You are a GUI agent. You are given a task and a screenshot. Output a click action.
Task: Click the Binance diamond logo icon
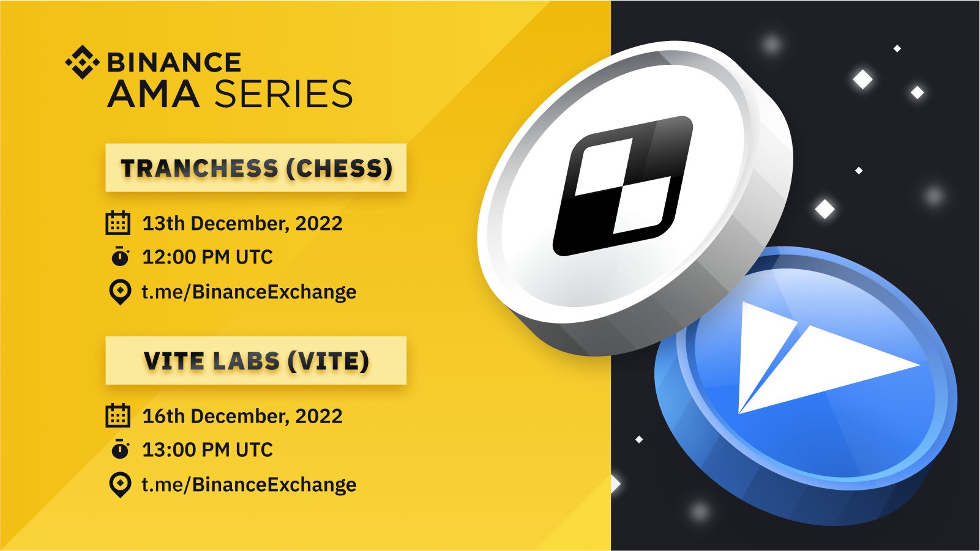pyautogui.click(x=83, y=62)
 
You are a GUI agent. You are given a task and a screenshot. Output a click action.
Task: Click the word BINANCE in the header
pyautogui.click(x=174, y=62)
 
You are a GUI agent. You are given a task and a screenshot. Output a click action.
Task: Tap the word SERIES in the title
pyautogui.click(x=283, y=94)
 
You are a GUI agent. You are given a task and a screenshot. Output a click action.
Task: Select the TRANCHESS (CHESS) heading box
pyautogui.click(x=256, y=168)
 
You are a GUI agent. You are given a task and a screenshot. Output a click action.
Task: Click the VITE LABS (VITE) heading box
pyautogui.click(x=256, y=360)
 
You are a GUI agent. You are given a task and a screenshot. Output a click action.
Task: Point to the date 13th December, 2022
pyautogui.click(x=242, y=223)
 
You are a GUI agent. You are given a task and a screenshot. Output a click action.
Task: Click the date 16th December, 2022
pyautogui.click(x=242, y=416)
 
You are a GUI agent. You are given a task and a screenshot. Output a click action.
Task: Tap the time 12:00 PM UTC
pyautogui.click(x=208, y=257)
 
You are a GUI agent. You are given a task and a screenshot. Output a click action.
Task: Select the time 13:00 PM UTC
pyautogui.click(x=208, y=449)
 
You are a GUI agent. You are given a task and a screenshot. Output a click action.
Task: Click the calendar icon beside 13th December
pyautogui.click(x=118, y=223)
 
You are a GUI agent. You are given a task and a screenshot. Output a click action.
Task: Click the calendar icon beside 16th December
pyautogui.click(x=118, y=415)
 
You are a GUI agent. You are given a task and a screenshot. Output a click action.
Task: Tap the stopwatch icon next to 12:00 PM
pyautogui.click(x=120, y=256)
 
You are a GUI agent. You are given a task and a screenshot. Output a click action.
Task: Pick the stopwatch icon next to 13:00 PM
pyautogui.click(x=120, y=449)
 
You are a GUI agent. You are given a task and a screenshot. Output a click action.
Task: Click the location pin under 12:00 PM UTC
pyautogui.click(x=120, y=292)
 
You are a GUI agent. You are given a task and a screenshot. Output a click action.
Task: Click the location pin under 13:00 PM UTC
pyautogui.click(x=120, y=484)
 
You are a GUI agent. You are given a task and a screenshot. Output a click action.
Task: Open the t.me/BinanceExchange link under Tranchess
pyautogui.click(x=249, y=292)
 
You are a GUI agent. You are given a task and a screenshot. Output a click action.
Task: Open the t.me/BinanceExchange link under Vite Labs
pyautogui.click(x=249, y=484)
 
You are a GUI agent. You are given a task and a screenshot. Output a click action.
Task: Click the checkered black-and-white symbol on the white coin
pyautogui.click(x=623, y=185)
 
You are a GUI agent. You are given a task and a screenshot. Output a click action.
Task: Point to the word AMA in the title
pyautogui.click(x=154, y=94)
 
